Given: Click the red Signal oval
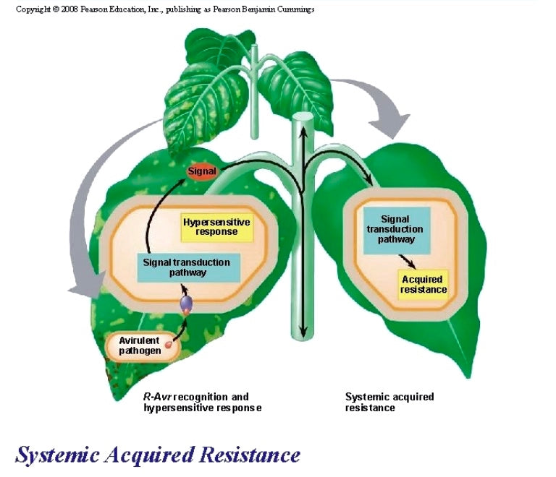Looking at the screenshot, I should coord(203,172).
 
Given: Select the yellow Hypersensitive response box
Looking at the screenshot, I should coord(216,227).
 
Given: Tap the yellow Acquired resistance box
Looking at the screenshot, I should coord(424,285).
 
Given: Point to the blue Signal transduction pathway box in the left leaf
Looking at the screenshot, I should coord(188,267).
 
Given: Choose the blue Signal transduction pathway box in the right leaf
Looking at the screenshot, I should coord(396,228).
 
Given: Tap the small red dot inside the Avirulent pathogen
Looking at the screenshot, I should coord(169,345).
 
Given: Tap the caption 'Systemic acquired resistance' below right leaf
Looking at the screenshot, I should coord(389,403).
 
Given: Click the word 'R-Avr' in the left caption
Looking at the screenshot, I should coord(157,397).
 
